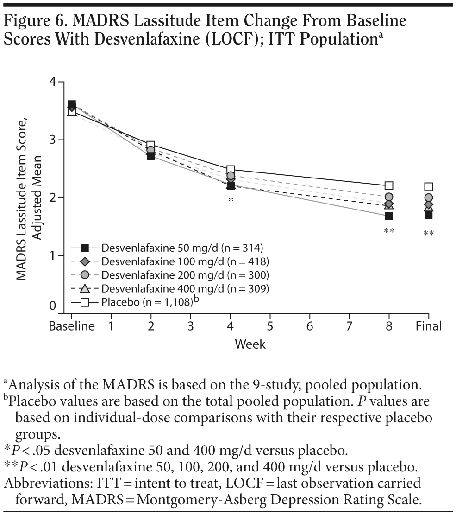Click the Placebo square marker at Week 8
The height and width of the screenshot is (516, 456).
389,186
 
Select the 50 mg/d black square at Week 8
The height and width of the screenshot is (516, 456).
389,216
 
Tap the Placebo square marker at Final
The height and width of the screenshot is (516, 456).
429,187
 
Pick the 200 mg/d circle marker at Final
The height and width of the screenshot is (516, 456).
429,197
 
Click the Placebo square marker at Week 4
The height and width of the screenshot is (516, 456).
231,170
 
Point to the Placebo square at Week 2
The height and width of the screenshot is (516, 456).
151,146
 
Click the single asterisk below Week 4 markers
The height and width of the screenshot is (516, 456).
231,200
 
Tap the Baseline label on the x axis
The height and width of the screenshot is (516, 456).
72,326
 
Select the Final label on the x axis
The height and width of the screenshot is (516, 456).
429,326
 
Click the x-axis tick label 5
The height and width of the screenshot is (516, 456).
270,326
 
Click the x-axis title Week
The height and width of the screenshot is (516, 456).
250,344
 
